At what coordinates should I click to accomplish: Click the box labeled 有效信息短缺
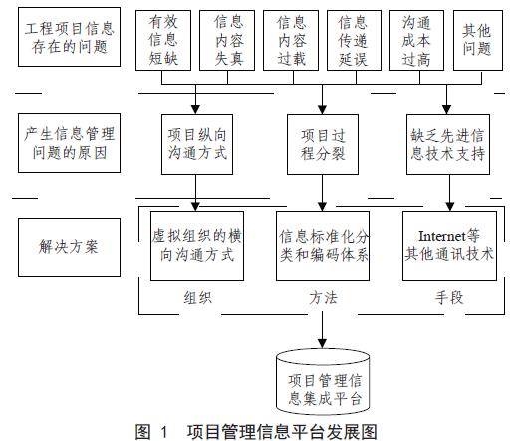163,40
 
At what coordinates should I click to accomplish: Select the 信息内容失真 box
227,40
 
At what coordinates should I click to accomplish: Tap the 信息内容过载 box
291,40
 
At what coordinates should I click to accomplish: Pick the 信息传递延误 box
354,40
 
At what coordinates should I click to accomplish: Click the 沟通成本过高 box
416,40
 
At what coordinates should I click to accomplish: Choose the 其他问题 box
478,40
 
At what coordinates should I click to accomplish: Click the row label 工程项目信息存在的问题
69,37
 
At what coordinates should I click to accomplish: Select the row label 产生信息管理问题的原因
69,143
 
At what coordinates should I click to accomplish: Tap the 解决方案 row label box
69,247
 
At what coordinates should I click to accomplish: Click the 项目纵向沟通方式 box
197,144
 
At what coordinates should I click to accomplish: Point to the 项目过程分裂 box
323,144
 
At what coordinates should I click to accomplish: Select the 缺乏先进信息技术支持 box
448,144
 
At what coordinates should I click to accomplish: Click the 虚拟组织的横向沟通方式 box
197,245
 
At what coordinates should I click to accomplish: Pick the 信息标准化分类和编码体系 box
323,245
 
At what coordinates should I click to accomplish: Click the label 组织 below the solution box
198,298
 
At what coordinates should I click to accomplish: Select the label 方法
323,298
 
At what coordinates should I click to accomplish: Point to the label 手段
449,298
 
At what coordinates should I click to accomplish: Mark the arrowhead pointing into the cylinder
323,343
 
